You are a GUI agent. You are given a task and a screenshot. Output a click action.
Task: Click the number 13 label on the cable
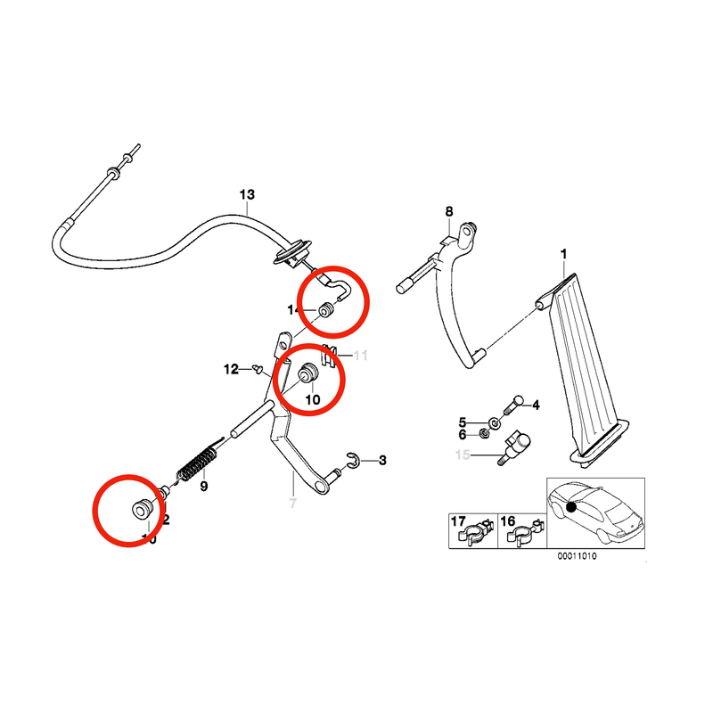247,194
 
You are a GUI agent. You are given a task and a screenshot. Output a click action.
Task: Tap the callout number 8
449,211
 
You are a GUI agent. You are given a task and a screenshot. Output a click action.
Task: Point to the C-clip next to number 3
352,460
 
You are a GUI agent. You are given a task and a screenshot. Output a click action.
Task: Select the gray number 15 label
463,455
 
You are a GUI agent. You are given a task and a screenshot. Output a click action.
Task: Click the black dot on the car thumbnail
570,508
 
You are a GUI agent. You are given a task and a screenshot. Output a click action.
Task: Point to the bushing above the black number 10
309,373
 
